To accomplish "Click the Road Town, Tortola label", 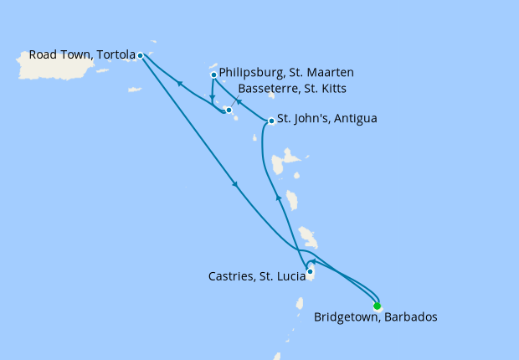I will pos(82,55).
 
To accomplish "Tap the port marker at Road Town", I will pos(140,56).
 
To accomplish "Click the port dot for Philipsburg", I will pos(213,75).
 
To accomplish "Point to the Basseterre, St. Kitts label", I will pos(292,89).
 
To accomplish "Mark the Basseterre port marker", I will pos(229,110).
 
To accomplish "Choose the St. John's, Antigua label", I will pos(326,119).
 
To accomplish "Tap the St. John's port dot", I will pos(271,121).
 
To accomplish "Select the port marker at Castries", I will pos(310,271).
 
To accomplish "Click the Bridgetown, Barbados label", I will pos(375,317).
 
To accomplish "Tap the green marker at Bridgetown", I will pos(377,306).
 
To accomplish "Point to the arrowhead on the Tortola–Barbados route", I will pos(235,185).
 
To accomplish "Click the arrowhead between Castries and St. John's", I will pos(277,198).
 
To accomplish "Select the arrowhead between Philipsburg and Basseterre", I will pos(213,95).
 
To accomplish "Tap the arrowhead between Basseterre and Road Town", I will pos(178,83).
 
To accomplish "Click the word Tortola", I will pos(116,55).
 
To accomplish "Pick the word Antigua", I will pos(354,119).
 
